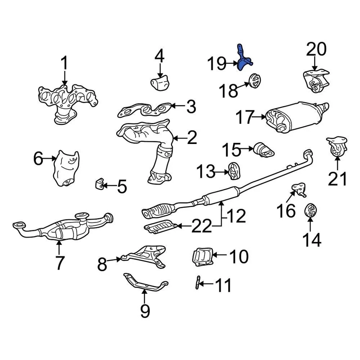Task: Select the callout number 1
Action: coord(64,64)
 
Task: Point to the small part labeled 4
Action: coord(160,82)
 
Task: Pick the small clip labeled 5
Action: coord(100,184)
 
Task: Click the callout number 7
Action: coord(60,262)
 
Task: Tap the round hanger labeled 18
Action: coord(255,81)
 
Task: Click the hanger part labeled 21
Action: coord(336,148)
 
